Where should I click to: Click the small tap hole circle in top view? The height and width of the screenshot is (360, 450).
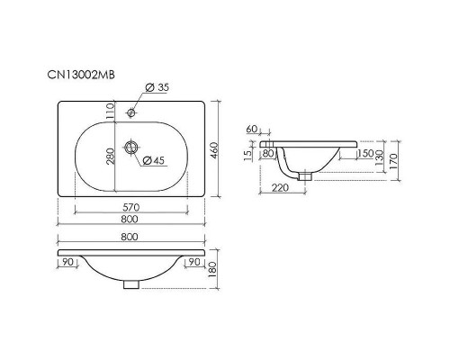(x=131, y=112)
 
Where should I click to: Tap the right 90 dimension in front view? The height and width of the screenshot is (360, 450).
(x=194, y=263)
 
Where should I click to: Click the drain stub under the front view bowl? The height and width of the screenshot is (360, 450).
(x=131, y=284)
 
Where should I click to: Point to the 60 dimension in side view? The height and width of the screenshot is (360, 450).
(x=252, y=130)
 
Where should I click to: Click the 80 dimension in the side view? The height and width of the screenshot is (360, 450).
(x=269, y=153)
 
